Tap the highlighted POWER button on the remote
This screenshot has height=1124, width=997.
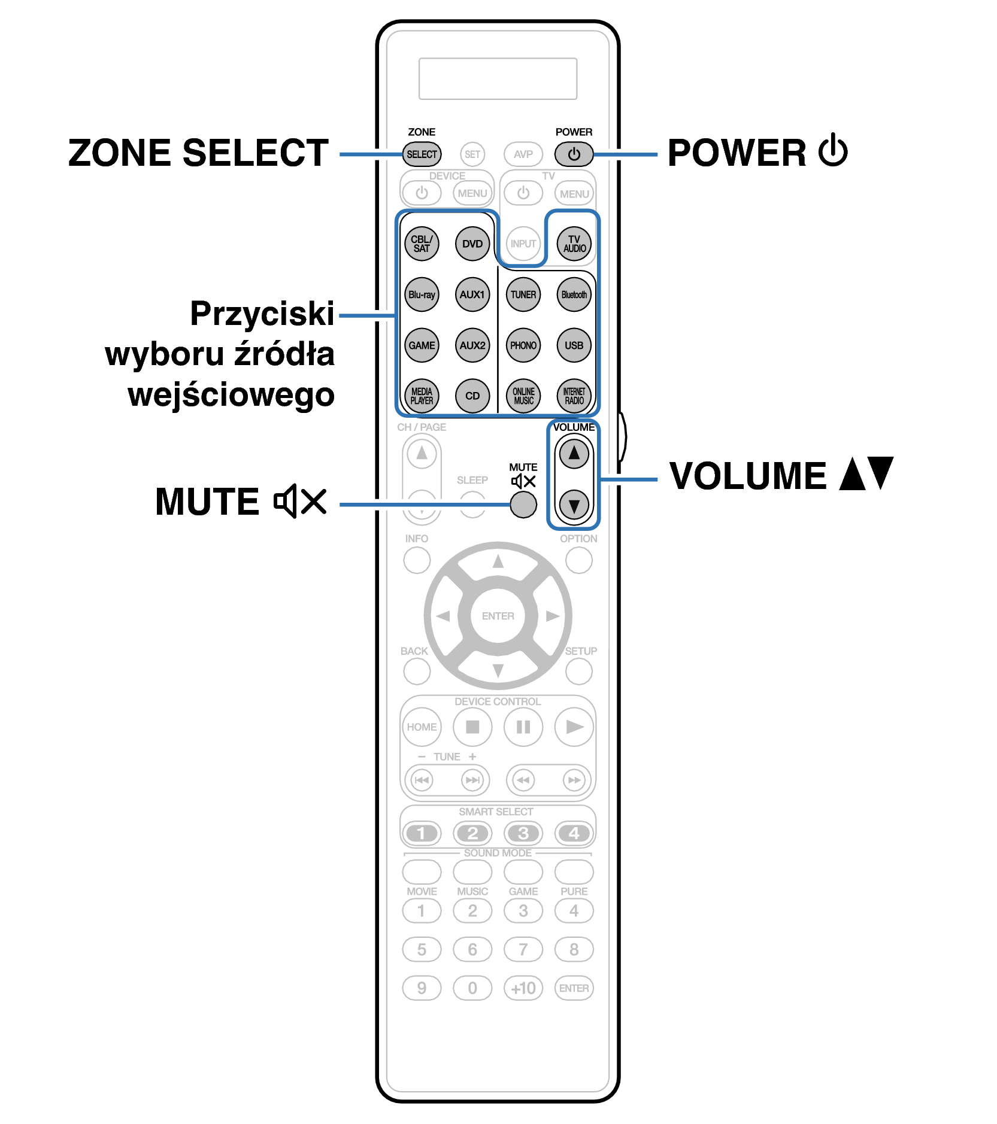574,154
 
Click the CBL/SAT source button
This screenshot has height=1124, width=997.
422,244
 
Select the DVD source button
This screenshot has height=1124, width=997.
472,244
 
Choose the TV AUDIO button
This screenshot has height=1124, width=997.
574,244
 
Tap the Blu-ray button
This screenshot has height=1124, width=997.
422,294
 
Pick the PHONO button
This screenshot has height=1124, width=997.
523,345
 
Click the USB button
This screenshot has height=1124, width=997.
574,345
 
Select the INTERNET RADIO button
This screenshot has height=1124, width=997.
574,396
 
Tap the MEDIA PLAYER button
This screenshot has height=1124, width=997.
422,396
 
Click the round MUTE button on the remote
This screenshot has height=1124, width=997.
523,505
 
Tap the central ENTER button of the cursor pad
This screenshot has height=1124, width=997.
498,616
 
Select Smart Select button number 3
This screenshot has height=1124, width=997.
523,833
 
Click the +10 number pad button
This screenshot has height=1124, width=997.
523,988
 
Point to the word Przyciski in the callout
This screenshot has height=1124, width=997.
262,314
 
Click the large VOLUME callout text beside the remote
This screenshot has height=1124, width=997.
748,476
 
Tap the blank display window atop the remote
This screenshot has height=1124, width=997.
498,78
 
